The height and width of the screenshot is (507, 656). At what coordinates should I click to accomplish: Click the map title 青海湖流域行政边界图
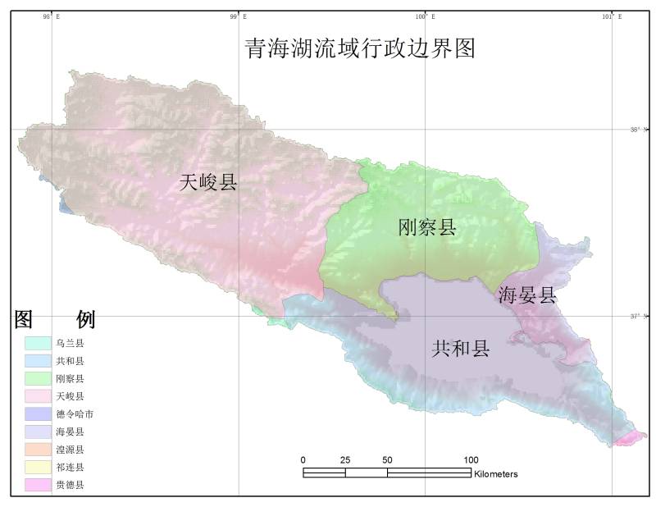[360, 48]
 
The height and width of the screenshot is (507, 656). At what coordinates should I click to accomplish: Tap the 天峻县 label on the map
[207, 183]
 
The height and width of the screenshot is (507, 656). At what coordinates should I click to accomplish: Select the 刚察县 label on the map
[426, 227]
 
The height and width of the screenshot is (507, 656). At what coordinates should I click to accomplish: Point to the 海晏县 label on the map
[527, 295]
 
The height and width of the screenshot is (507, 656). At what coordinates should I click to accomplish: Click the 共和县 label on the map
[460, 349]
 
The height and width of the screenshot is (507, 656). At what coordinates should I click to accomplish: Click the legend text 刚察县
[70, 378]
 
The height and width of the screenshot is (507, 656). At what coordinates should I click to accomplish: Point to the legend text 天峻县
[70, 396]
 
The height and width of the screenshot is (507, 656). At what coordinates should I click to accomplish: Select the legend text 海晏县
[70, 432]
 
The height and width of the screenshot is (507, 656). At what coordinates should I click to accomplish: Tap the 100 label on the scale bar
[471, 459]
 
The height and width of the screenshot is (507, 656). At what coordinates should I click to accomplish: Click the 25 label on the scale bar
[345, 459]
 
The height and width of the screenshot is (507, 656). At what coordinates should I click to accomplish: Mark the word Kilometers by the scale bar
[495, 474]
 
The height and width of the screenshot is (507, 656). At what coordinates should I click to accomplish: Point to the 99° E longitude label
[238, 16]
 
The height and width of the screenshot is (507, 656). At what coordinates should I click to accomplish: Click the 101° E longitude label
[612, 16]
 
